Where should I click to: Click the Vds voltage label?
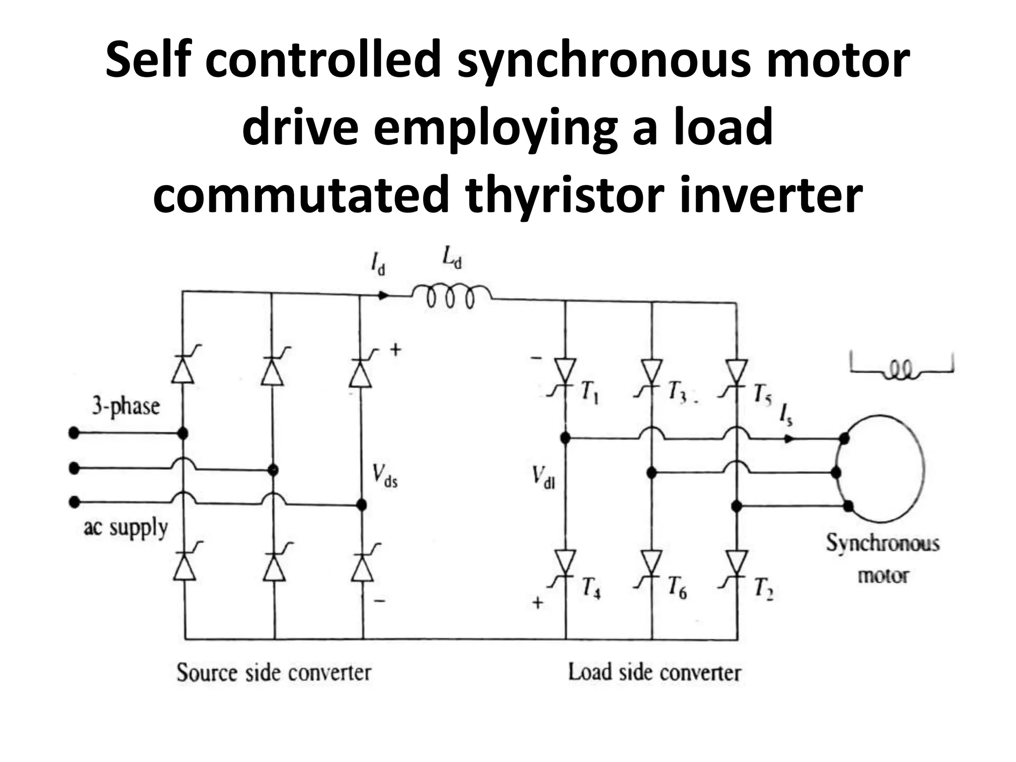pyautogui.click(x=385, y=477)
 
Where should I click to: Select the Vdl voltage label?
pyautogui.click(x=544, y=478)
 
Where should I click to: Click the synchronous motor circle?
pyautogui.click(x=881, y=469)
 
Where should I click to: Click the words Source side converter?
pyautogui.click(x=274, y=673)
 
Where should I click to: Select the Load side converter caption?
pyautogui.click(x=654, y=673)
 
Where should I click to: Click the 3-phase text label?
pyautogui.click(x=126, y=407)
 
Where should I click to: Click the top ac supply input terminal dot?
pyautogui.click(x=74, y=434)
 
